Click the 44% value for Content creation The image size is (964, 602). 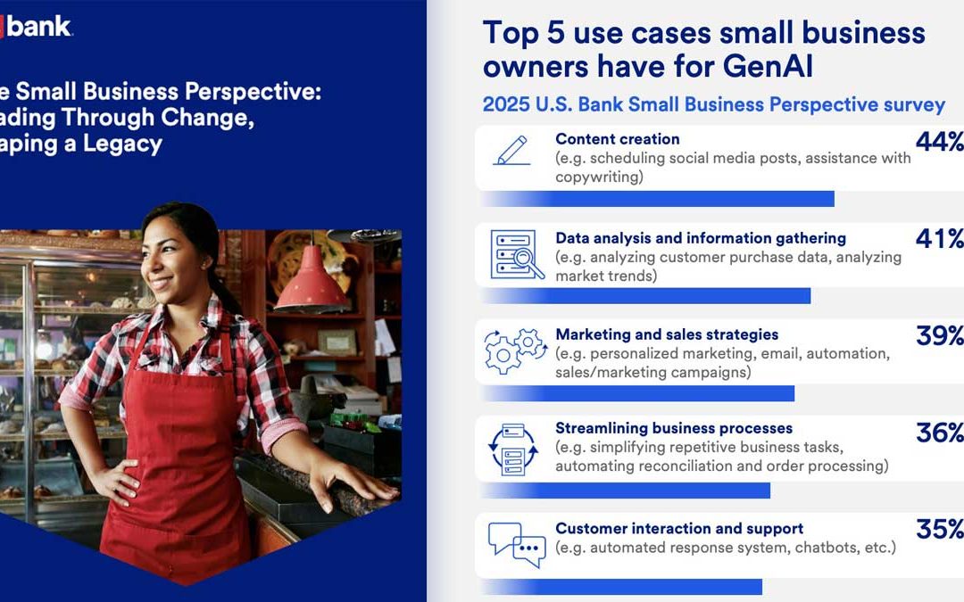[939, 141]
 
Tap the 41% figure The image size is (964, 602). [939, 238]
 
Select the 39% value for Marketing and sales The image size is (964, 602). [939, 335]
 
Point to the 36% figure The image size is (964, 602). [939, 433]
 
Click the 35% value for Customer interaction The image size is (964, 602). [939, 529]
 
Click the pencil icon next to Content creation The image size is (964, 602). [512, 151]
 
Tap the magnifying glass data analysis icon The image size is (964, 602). [517, 254]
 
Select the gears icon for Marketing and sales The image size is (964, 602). [515, 351]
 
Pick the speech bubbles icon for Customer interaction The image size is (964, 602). [517, 544]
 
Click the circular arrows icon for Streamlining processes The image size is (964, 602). [513, 449]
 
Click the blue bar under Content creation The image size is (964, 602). [657, 199]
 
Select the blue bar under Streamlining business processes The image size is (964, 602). [625, 491]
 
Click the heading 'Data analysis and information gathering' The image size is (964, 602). [701, 238]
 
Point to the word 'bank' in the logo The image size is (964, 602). [38, 27]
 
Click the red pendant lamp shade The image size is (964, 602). [312, 280]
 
